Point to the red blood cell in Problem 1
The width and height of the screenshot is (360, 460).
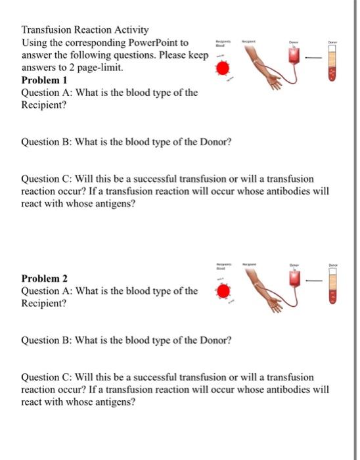tap(223, 68)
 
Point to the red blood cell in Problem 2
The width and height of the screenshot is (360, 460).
tap(223, 290)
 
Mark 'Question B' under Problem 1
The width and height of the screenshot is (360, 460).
tap(47, 142)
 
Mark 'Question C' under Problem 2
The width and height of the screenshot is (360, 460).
tap(47, 378)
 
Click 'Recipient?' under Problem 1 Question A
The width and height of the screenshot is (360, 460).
tap(45, 104)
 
